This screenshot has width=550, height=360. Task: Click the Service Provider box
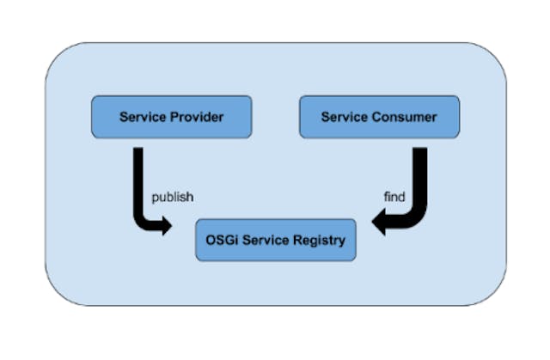pyautogui.click(x=171, y=117)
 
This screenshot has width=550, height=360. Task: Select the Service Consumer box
pyautogui.click(x=379, y=117)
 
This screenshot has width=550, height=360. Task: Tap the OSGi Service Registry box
pyautogui.click(x=275, y=240)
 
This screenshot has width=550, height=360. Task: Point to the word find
pyautogui.click(x=394, y=197)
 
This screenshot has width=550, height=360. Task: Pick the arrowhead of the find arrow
pyautogui.click(x=379, y=225)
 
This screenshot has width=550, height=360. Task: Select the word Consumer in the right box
pyautogui.click(x=404, y=117)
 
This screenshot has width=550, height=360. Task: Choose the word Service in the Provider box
pyautogui.click(x=142, y=117)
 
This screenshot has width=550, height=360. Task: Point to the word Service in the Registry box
pyautogui.click(x=268, y=240)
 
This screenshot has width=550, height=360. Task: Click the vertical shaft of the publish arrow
pyautogui.click(x=138, y=176)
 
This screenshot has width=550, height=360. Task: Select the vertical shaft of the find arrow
pyautogui.click(x=420, y=176)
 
